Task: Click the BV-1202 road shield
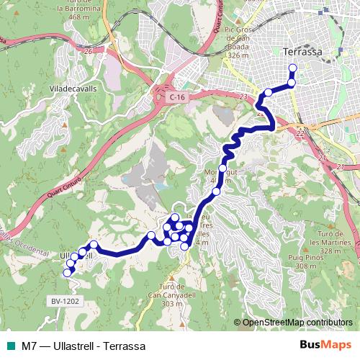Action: coord(64,301)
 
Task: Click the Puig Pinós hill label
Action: coord(321,257)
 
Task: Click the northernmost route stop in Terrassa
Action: coord(292,69)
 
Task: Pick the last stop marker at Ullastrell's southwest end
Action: coord(67,273)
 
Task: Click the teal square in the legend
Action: coord(12,345)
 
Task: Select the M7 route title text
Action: coord(84,345)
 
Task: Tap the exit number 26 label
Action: coord(89,51)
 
